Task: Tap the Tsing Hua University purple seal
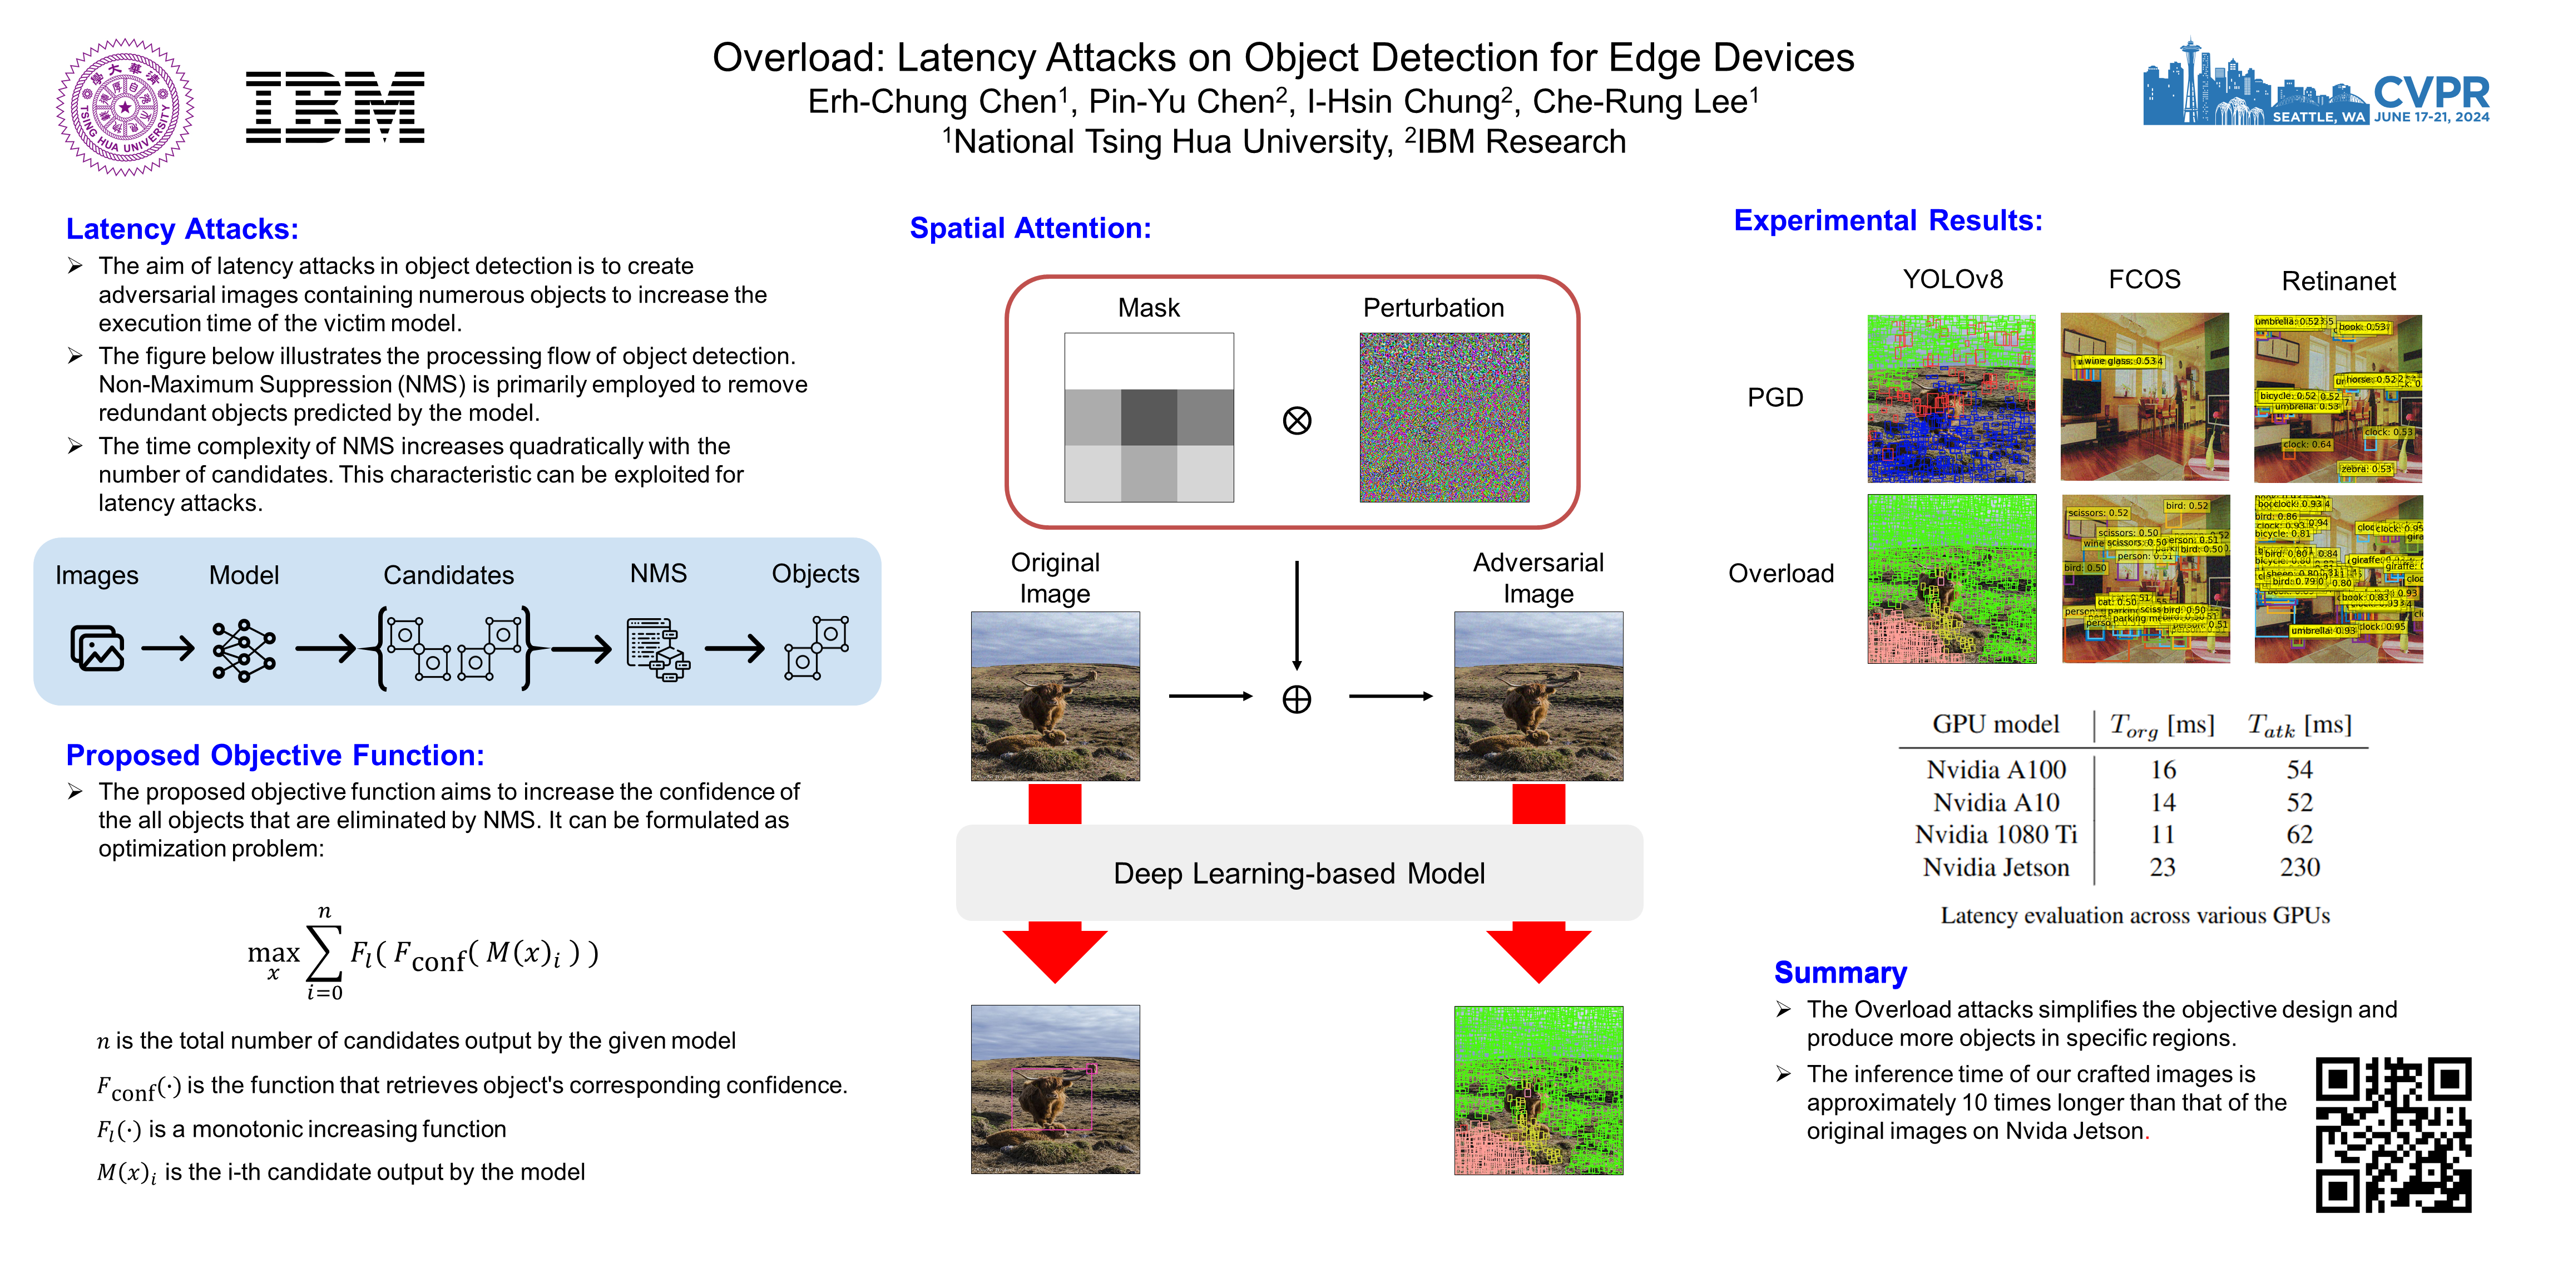[x=125, y=107]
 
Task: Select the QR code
[x=2393, y=1135]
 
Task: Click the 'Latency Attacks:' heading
[x=182, y=229]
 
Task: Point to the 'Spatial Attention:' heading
[x=1030, y=228]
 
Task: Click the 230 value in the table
[x=2299, y=867]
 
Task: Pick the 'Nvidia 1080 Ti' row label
[x=1996, y=834]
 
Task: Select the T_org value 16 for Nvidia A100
[x=2163, y=770]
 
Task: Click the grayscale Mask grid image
[x=1149, y=417]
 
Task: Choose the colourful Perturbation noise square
[x=1444, y=417]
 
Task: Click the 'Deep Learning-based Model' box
[x=1298, y=873]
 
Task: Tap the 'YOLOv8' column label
[x=1952, y=280]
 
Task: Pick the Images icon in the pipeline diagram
[x=97, y=648]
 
